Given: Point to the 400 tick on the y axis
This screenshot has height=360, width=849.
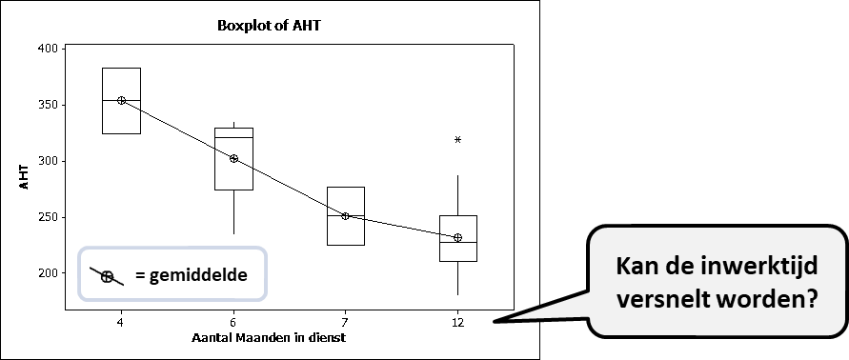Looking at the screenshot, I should pos(48,48).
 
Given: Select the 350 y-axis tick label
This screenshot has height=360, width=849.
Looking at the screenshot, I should pos(48,104).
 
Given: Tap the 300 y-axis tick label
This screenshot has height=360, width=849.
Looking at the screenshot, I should pos(48,161).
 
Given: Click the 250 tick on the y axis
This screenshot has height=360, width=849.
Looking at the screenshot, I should pos(48,217).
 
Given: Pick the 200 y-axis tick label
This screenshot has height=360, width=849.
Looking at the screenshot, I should pos(48,273).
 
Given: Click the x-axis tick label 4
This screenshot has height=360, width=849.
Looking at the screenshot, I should pos(121,324).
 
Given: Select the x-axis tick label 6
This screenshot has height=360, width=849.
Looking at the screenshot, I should pos(233,324).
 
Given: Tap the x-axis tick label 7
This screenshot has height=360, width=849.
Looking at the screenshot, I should pos(345,324).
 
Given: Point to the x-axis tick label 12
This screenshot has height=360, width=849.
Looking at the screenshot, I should pos(457,324).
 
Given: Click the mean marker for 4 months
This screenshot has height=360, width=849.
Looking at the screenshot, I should pos(121,100).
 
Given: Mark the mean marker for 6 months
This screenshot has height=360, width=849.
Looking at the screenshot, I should pos(233,158).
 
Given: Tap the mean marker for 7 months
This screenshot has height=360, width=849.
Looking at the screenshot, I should pos(345,216).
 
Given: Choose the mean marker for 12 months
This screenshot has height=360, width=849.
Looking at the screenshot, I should pos(457,237).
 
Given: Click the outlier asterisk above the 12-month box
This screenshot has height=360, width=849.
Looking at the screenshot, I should pos(457,140).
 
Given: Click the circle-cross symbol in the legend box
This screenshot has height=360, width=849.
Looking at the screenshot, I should pos(108,276).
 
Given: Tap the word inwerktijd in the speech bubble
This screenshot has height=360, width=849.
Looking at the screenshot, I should pos(757,266).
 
